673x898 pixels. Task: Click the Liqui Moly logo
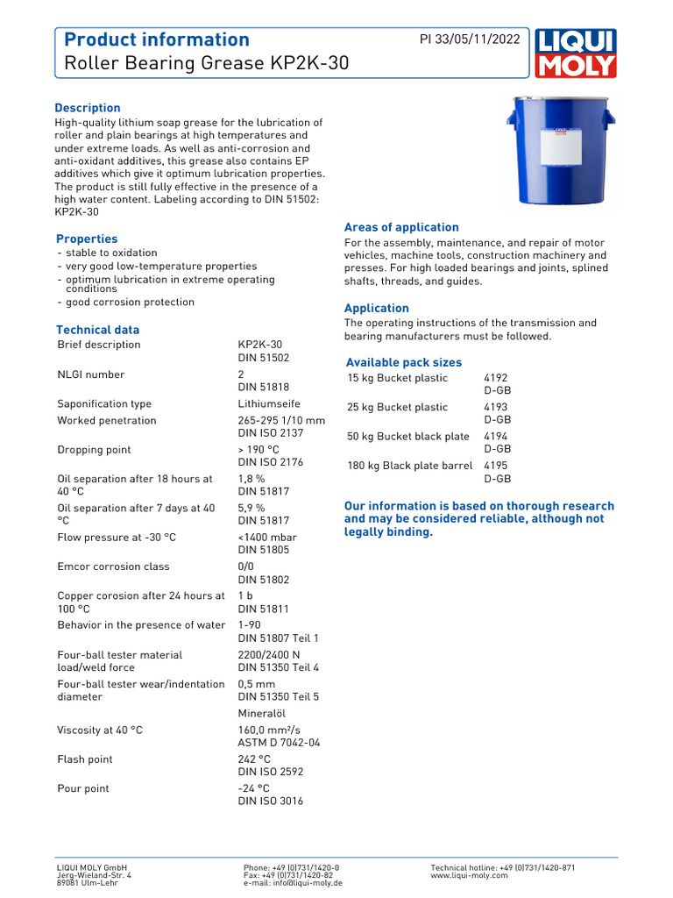tap(576, 53)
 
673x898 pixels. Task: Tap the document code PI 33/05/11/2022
tap(470, 39)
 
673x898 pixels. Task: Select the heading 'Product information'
tap(157, 39)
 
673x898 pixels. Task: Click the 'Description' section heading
tap(88, 108)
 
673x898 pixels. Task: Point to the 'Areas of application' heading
tap(401, 227)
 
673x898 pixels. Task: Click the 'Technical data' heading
tap(97, 330)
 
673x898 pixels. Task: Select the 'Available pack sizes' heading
tap(403, 362)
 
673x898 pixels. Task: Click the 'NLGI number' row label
tap(91, 374)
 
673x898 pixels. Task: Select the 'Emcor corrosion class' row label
tap(113, 567)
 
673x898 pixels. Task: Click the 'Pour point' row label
tap(83, 788)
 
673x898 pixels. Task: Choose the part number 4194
tap(495, 436)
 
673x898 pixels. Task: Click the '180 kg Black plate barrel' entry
tap(410, 466)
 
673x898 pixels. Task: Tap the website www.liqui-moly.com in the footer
tap(469, 875)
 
